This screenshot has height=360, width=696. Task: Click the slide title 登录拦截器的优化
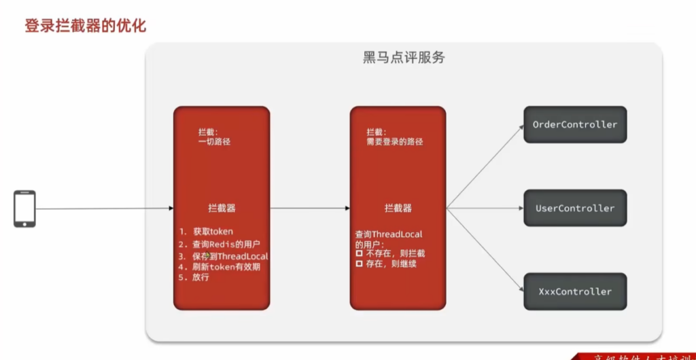86,26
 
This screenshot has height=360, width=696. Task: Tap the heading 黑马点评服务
404,57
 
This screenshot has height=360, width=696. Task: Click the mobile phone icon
24,209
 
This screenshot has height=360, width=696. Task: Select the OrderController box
574,124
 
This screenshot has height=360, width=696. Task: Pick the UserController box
574,208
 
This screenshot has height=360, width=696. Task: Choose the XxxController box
574,291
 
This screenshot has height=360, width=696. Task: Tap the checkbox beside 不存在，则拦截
360,253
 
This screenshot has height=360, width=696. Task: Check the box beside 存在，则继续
360,264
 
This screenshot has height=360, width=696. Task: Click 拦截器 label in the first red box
222,208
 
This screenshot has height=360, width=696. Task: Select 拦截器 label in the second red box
398,208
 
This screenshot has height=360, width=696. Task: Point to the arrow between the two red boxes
309,209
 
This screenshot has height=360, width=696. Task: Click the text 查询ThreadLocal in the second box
389,234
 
